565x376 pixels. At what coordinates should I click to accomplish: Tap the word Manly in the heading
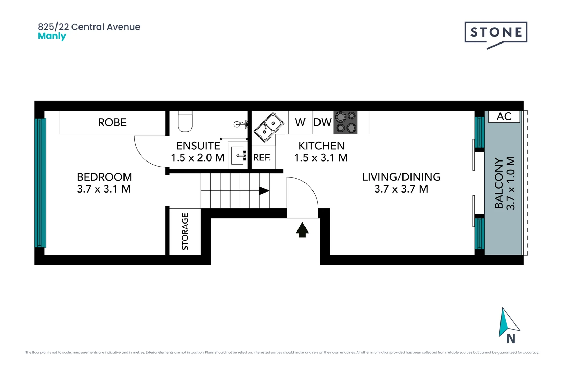click(x=52, y=36)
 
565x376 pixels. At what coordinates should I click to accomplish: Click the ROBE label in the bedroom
click(x=112, y=123)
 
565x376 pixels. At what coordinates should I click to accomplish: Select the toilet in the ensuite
click(x=185, y=122)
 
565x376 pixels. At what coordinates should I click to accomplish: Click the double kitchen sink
click(x=269, y=127)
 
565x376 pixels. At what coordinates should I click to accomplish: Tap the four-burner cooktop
click(x=346, y=123)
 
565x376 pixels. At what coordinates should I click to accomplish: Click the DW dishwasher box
click(x=323, y=123)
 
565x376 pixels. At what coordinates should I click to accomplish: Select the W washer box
click(x=300, y=123)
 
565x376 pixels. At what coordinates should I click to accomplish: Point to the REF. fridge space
click(x=262, y=158)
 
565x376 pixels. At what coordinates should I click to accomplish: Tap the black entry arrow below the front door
click(x=302, y=230)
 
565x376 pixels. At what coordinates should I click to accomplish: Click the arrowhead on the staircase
click(x=264, y=191)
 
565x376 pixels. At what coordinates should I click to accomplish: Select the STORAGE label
click(x=185, y=232)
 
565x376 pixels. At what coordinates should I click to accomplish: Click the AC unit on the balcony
click(x=504, y=117)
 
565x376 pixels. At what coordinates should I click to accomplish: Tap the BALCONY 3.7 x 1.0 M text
click(x=505, y=183)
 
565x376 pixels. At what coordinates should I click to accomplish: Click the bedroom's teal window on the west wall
click(x=40, y=183)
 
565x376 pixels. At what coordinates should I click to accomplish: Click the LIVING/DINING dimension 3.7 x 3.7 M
click(x=401, y=189)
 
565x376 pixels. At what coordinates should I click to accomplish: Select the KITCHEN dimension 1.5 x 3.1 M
click(x=321, y=158)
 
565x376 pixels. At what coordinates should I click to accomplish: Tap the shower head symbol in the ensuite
click(x=241, y=124)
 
